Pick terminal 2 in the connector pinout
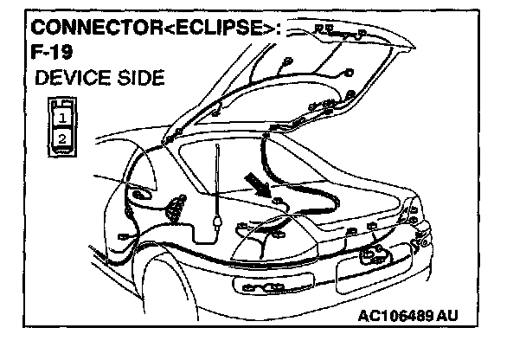click(x=61, y=137)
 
